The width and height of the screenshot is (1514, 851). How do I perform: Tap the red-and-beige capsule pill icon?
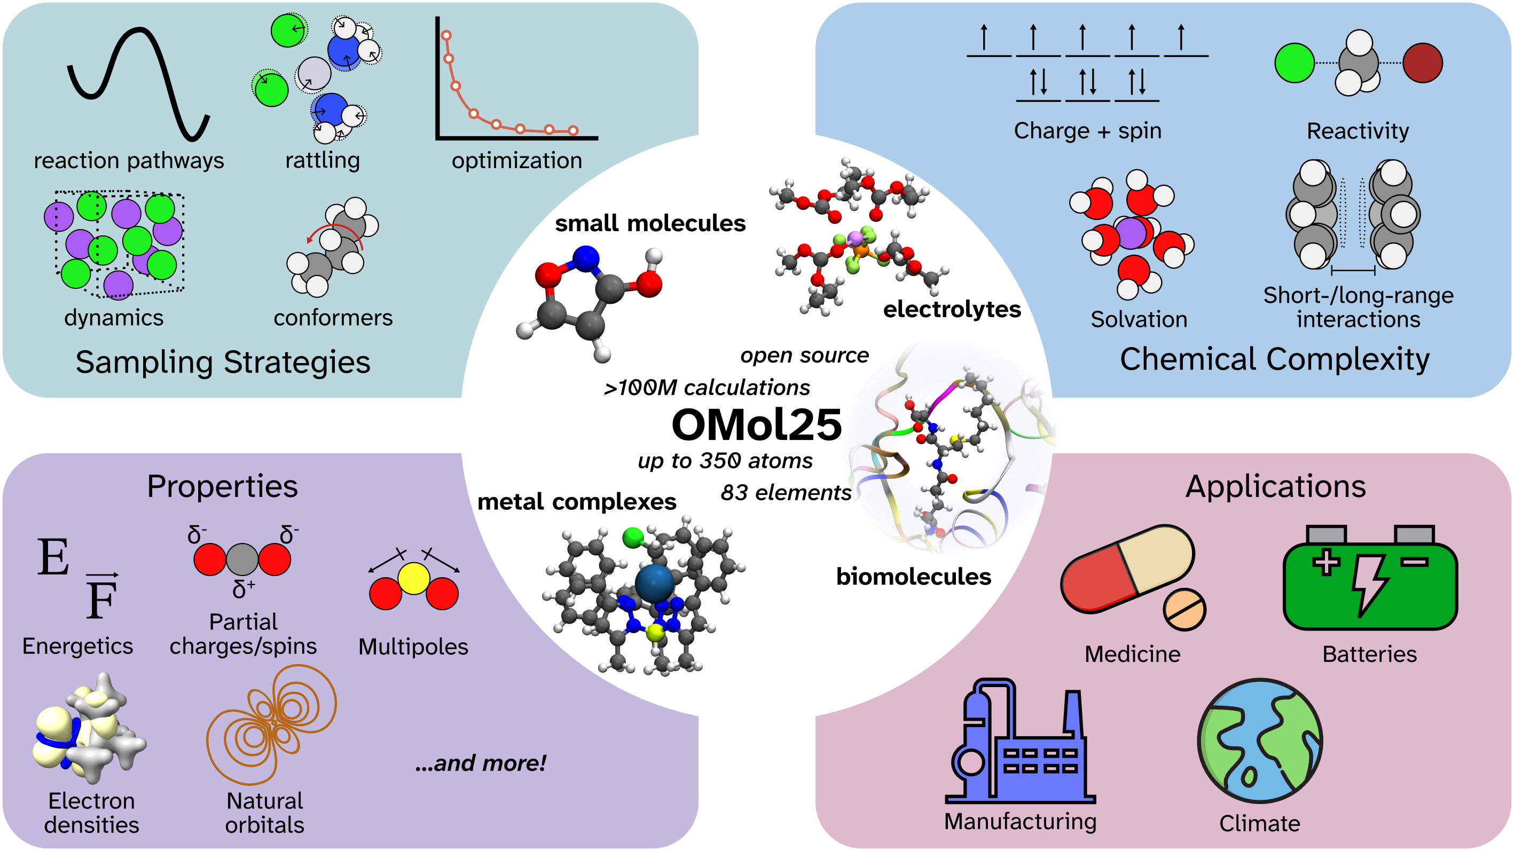pos(1127,569)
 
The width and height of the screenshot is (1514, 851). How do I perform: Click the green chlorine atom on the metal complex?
pos(633,537)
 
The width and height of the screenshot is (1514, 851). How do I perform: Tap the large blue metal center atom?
pos(654,583)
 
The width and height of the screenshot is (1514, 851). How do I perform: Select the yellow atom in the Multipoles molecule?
pos(414,578)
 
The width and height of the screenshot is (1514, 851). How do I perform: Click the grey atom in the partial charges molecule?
pos(242,559)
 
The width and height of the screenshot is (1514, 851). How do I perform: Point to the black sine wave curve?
pos(138,82)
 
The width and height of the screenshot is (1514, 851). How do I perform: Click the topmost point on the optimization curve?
pos(446,36)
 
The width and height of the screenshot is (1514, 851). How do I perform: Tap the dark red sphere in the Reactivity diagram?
pos(1422,63)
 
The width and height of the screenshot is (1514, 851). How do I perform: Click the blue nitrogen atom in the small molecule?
pos(586,258)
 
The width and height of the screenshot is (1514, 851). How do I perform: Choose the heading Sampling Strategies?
pos(223,361)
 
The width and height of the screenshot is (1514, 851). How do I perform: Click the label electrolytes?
pos(952,309)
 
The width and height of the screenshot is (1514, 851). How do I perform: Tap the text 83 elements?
pos(786,492)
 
